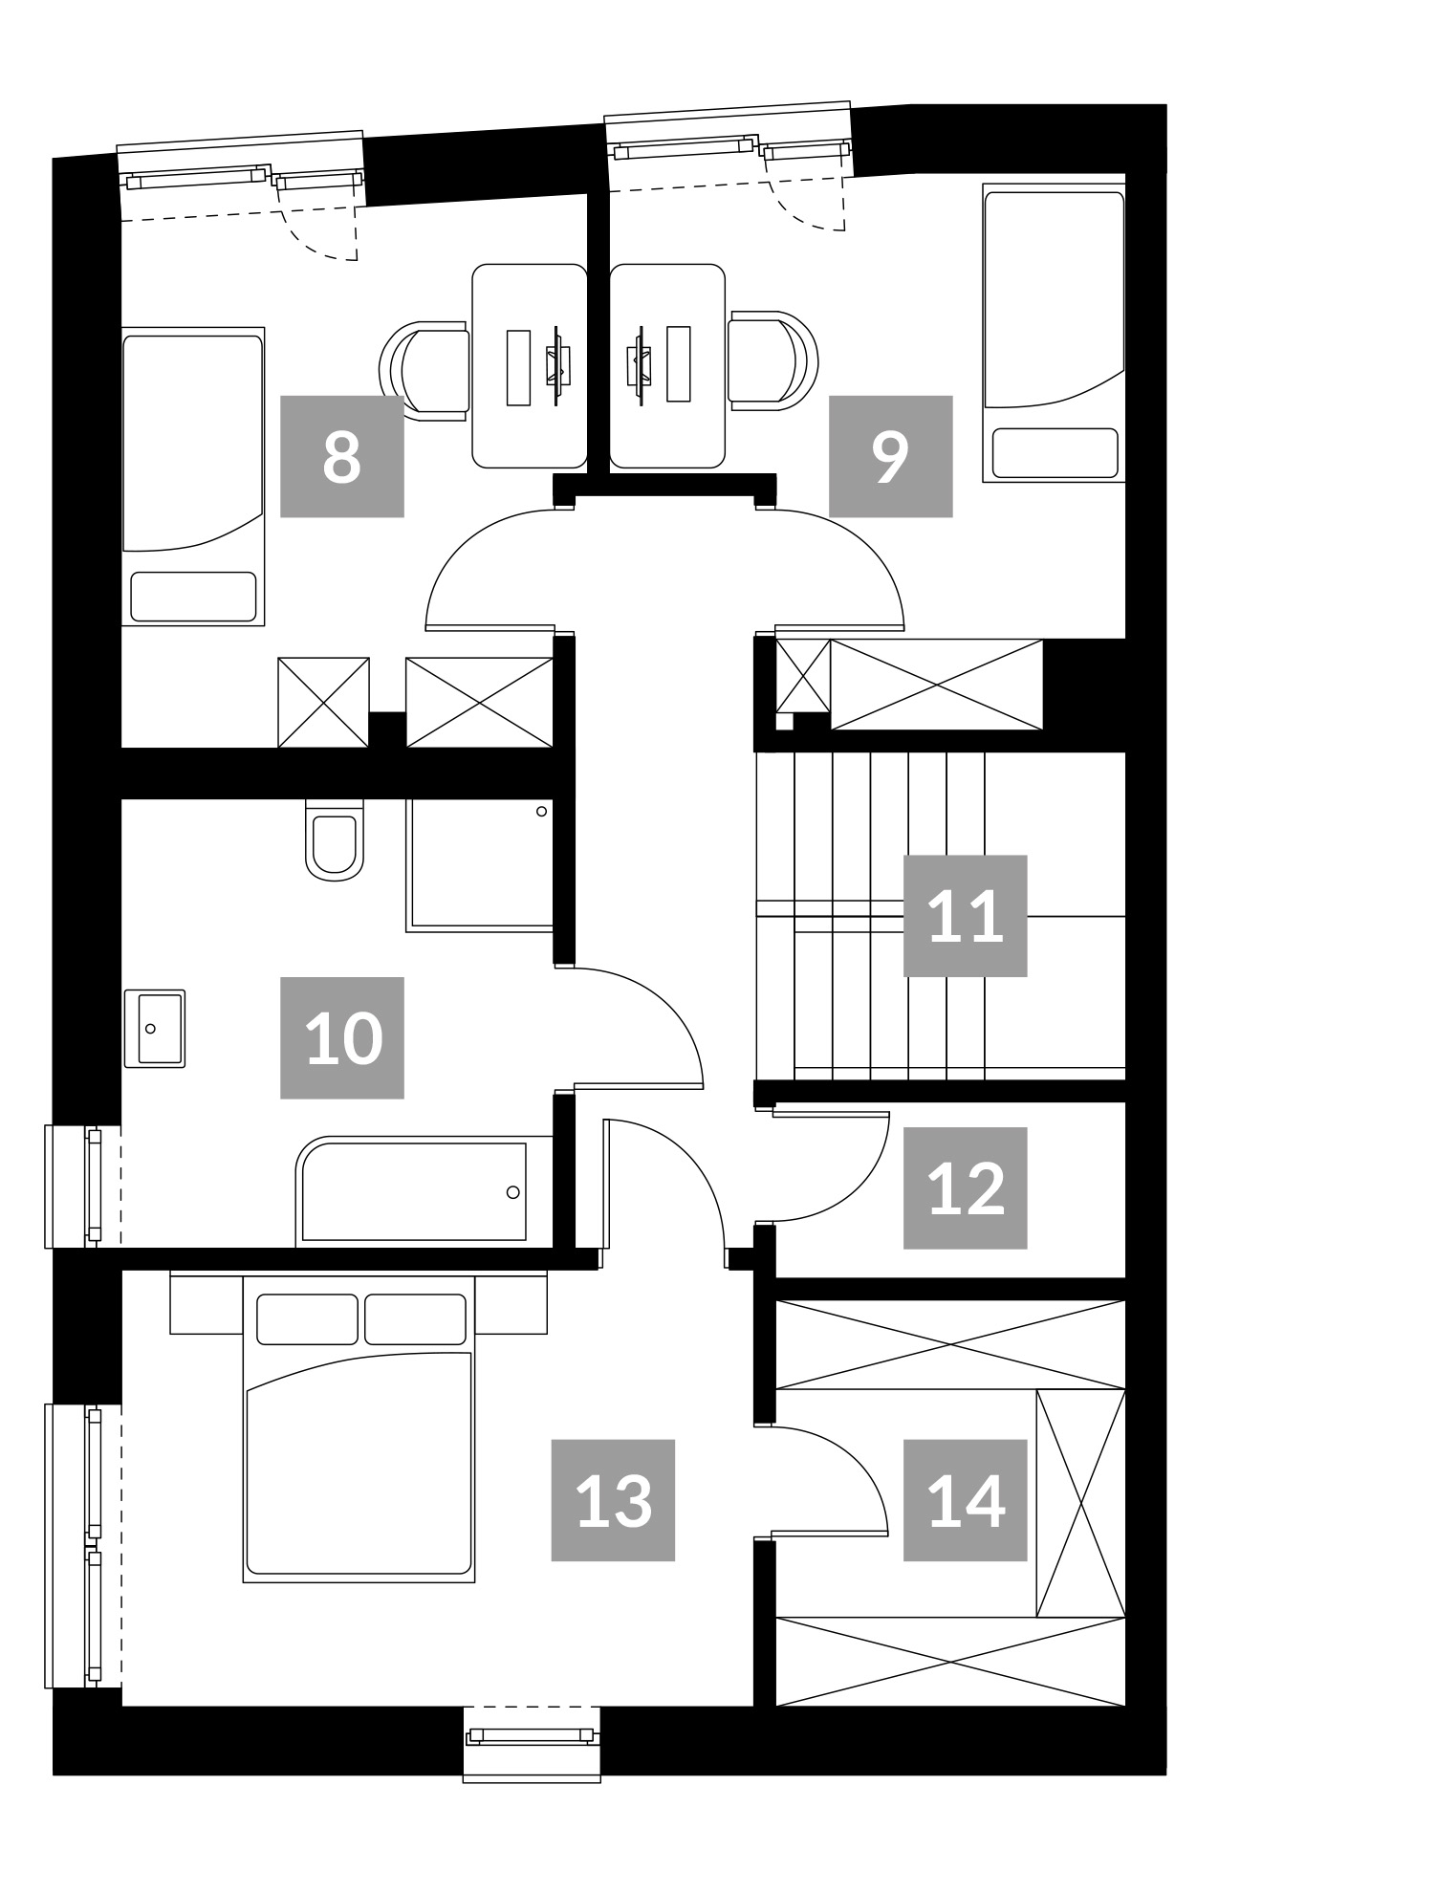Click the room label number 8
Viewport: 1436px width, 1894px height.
pos(341,457)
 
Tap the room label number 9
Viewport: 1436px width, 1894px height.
pos(890,457)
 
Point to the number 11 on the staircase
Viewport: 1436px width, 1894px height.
pos(966,916)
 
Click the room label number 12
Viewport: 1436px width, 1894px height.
pos(966,1188)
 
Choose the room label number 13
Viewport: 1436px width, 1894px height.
pos(614,1500)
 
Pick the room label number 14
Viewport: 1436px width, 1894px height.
pos(966,1500)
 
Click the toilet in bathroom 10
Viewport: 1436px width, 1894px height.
pos(335,839)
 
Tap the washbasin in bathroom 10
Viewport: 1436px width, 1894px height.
pos(154,1028)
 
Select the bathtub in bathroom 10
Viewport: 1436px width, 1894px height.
pos(424,1191)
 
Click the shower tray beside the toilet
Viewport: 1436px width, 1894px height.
pos(481,864)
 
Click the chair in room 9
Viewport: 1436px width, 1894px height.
pos(773,360)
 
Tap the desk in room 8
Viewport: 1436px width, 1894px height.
pos(530,366)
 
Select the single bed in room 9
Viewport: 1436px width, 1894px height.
pos(1054,334)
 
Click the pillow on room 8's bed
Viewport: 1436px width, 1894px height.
pos(193,597)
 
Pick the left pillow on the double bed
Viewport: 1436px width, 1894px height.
pos(307,1318)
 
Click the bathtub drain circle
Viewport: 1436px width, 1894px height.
pos(513,1192)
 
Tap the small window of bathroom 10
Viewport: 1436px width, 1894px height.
pos(83,1186)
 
